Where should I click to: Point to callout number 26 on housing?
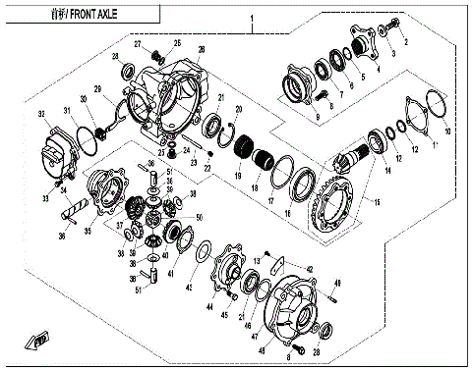[x=201, y=49]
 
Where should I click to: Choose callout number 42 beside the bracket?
[x=309, y=267]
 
